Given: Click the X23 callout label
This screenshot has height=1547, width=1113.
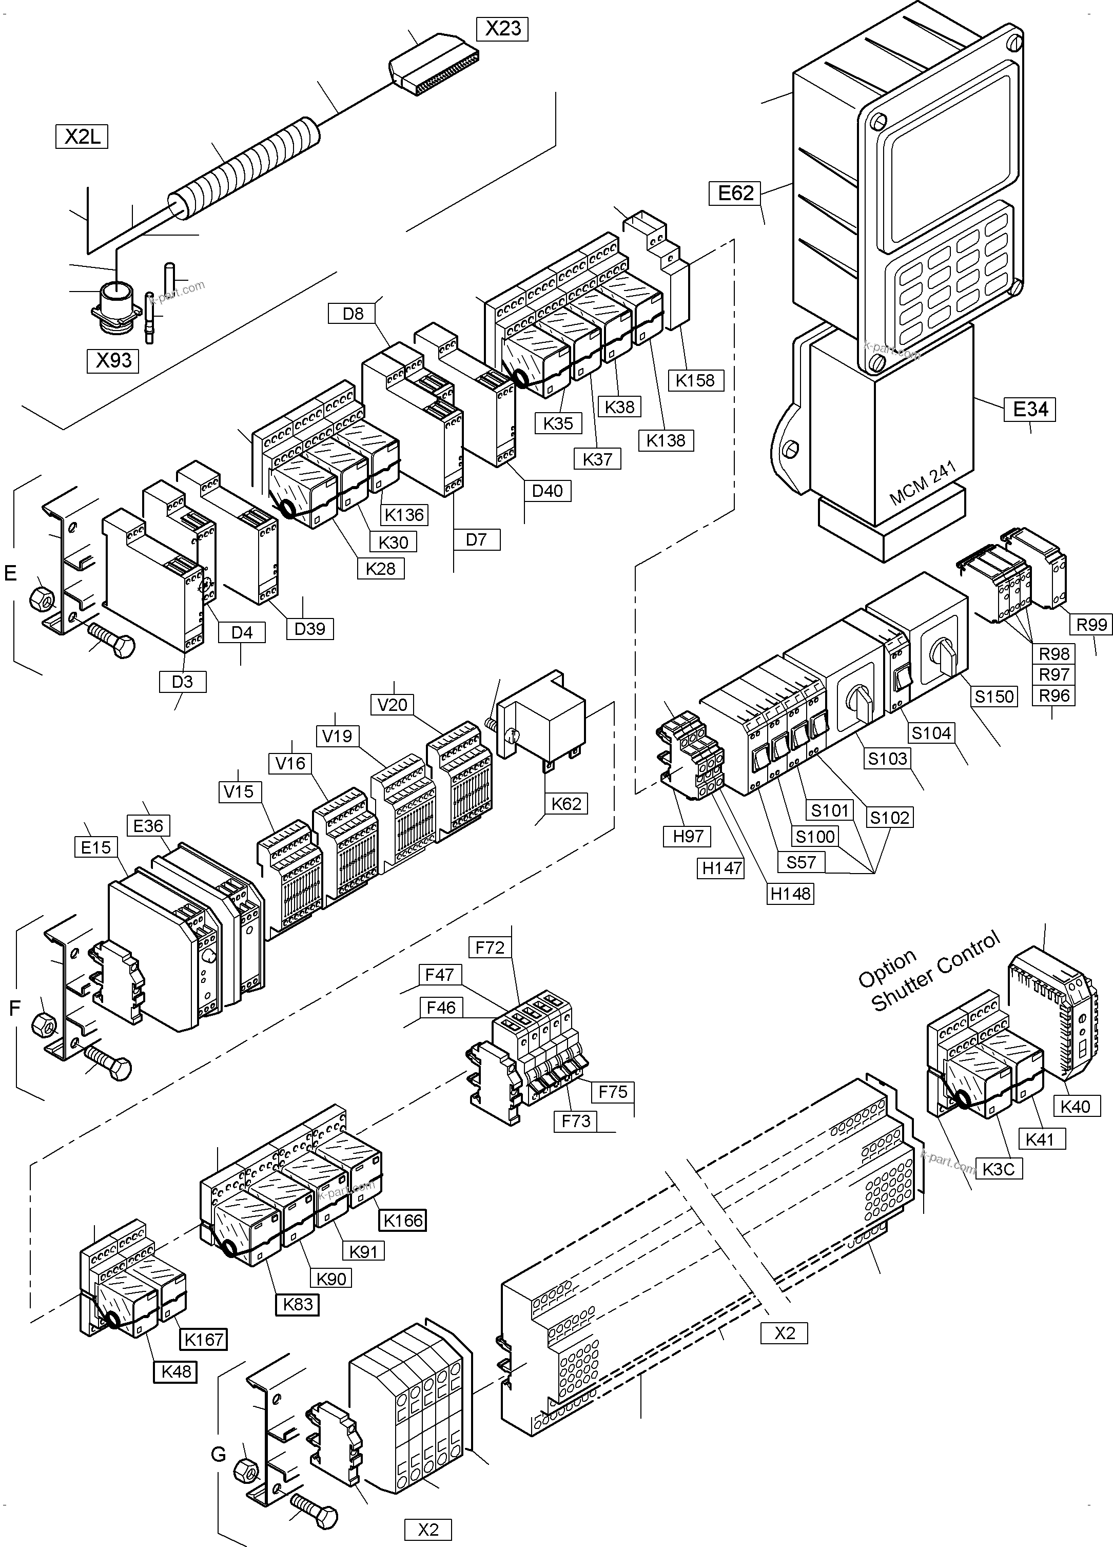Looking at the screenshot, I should pyautogui.click(x=503, y=29).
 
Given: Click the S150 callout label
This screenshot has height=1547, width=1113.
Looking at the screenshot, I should pyautogui.click(x=994, y=697).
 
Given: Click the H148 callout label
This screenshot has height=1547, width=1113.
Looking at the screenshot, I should pyautogui.click(x=790, y=894).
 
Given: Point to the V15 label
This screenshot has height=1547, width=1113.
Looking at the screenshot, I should pyautogui.click(x=238, y=792).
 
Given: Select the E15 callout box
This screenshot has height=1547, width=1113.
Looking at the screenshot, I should pyautogui.click(x=95, y=847).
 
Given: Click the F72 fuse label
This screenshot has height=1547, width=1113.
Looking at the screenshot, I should pyautogui.click(x=490, y=947).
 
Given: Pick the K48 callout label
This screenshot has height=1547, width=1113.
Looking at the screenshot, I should pyautogui.click(x=176, y=1371).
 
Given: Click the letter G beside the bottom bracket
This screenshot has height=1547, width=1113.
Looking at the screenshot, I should pyautogui.click(x=218, y=1455).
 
